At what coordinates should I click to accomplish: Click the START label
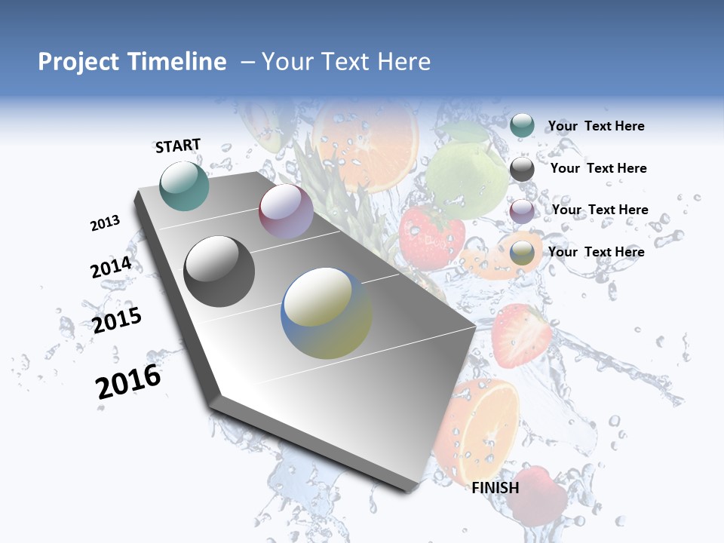coord(178,146)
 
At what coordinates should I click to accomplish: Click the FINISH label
coord(495,488)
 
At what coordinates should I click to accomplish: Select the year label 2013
coord(105,223)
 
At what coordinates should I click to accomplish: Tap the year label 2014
coord(111,268)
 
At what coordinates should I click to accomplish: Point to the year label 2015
coord(117,320)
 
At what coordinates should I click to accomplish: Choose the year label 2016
coord(128,382)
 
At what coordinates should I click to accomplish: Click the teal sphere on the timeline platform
coord(185,186)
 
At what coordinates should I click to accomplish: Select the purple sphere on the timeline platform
coord(286,211)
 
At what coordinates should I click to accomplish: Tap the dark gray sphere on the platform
coord(219,271)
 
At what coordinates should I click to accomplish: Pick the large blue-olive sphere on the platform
coord(327,313)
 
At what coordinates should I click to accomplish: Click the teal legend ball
coord(522,125)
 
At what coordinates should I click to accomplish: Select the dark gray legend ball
coord(522,169)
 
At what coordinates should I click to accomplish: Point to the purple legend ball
coord(522,211)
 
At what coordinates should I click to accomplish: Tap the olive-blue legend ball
coord(522,253)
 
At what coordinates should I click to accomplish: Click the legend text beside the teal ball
coord(596,126)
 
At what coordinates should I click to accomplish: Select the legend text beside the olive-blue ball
coord(596,252)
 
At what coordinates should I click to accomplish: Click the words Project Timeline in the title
coord(132,62)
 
